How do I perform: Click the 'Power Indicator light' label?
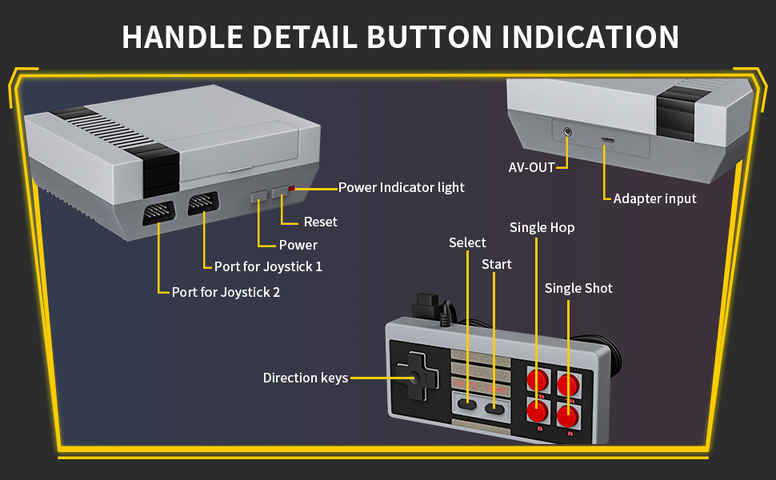click(x=401, y=187)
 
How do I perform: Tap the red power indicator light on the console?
click(x=291, y=189)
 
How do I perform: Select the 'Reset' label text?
click(x=320, y=222)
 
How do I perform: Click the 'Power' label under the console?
click(x=298, y=245)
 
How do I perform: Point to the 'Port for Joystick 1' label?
click(x=268, y=266)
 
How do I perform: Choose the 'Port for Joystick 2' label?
click(x=226, y=292)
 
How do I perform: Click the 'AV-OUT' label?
click(x=532, y=168)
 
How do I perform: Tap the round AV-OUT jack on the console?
click(x=568, y=131)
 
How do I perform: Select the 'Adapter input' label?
click(x=654, y=198)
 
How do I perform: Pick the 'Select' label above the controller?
click(x=467, y=242)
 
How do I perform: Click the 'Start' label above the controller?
click(x=496, y=264)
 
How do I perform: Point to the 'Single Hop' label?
click(x=542, y=227)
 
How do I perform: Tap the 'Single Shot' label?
click(x=578, y=288)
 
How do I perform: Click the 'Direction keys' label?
click(x=306, y=378)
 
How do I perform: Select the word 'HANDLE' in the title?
click(x=180, y=37)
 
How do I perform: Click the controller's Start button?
click(x=495, y=409)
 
